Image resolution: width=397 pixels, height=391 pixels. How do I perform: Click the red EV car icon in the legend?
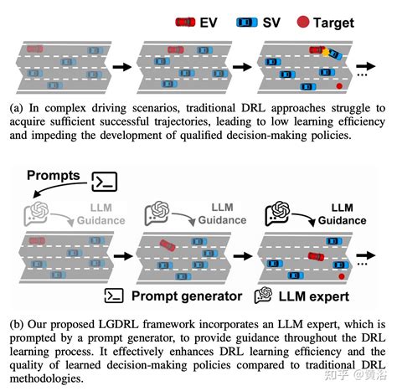click(x=185, y=22)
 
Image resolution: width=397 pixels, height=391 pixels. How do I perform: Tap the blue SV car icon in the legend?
click(x=247, y=23)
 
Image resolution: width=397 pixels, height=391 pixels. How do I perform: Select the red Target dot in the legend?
click(x=303, y=22)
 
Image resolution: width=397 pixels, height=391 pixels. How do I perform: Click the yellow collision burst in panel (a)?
click(x=326, y=53)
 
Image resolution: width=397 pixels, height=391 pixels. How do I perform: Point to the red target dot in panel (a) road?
click(x=339, y=86)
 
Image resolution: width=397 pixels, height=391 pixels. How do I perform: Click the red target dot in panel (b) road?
click(x=341, y=276)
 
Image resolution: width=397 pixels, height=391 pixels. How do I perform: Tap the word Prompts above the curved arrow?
click(x=54, y=176)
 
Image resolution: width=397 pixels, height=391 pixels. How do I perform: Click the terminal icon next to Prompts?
click(x=105, y=182)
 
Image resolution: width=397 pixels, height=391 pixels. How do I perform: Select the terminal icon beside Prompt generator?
click(x=114, y=296)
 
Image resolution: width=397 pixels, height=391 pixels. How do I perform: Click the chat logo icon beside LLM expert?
click(x=263, y=296)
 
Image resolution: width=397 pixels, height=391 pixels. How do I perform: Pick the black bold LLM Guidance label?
click(x=342, y=214)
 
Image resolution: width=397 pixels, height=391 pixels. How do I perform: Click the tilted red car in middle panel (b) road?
click(x=168, y=245)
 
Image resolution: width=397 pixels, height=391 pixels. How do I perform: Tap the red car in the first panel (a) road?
click(x=35, y=49)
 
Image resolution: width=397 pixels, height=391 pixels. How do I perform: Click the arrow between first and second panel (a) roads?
click(x=122, y=67)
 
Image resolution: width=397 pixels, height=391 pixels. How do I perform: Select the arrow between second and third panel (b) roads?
click(x=243, y=256)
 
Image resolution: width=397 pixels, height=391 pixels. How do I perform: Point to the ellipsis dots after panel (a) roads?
click(x=362, y=75)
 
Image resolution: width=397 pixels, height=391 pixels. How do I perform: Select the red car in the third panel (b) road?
click(x=316, y=256)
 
